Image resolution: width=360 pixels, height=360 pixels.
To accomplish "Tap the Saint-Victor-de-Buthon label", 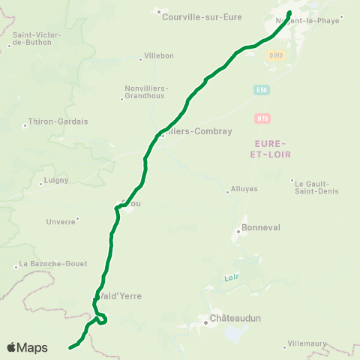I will click(x=37, y=38).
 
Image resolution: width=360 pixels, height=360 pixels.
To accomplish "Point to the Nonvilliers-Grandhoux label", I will click(x=145, y=92).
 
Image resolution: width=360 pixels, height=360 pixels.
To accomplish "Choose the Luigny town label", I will click(x=56, y=180).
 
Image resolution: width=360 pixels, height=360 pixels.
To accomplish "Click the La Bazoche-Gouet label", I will click(x=53, y=263).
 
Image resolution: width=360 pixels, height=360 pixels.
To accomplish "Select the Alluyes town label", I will click(x=244, y=190).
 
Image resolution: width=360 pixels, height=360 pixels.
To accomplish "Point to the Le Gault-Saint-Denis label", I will click(x=316, y=187).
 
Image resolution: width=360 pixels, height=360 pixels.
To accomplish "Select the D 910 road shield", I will click(x=276, y=55).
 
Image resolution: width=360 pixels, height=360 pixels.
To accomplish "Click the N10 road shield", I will click(x=262, y=118).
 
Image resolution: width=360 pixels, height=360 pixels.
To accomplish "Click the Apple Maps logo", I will click(x=27, y=347).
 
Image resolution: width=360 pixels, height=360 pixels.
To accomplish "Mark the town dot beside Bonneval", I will click(x=238, y=232).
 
